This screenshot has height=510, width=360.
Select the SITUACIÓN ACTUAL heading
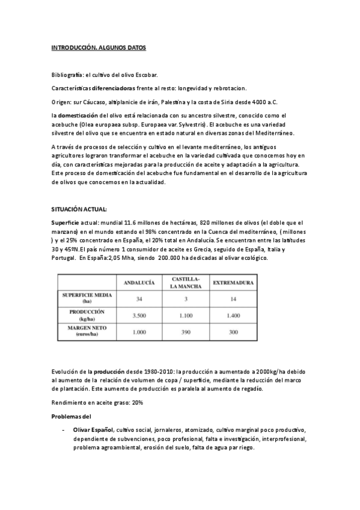tap(78, 209)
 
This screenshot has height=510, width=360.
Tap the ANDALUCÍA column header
tap(139, 283)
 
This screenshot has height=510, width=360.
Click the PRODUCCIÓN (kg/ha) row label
tap(88, 315)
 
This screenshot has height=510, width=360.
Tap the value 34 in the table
tap(139, 299)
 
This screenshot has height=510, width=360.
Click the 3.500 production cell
tap(139, 315)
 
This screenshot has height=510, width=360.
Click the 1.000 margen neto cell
tap(139, 332)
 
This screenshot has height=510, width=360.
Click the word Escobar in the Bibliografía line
tap(145, 75)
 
